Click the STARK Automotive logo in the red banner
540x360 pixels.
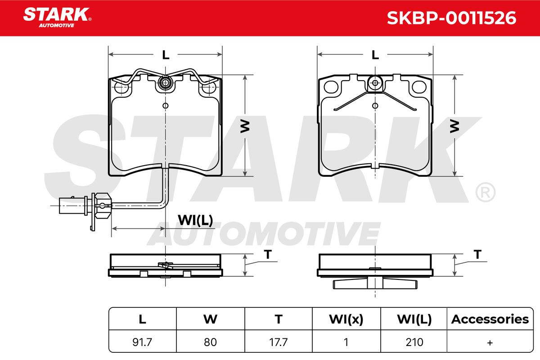pos(57,18)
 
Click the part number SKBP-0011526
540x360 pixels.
pos(451,18)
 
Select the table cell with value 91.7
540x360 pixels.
pos(142,342)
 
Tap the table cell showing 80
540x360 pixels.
pos(210,342)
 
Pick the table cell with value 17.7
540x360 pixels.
pos(279,342)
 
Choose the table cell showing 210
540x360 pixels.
pos(414,342)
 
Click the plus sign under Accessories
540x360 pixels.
pos(490,342)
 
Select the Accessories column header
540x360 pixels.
pos(490,319)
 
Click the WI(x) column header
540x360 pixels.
pos(346,319)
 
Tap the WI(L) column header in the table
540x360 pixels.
pos(414,319)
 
